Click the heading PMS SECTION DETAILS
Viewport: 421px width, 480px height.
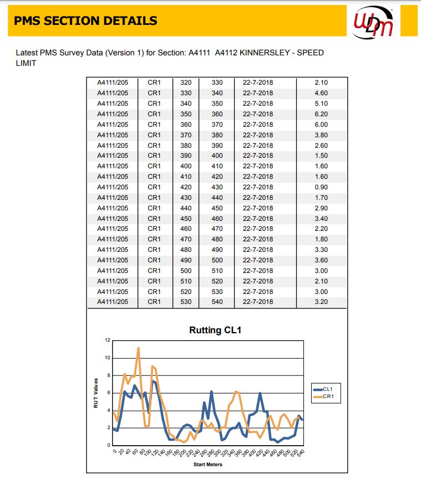85,21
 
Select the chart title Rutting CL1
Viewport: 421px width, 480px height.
215,331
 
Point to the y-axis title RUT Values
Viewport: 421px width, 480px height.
95,393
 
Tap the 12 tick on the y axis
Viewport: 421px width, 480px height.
108,340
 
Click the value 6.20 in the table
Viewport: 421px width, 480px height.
321,114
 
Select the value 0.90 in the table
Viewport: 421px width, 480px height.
321,187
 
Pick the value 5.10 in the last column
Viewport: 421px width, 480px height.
321,104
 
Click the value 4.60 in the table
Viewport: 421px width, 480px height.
321,93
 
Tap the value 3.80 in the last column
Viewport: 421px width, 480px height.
321,135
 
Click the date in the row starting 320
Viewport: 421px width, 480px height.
258,82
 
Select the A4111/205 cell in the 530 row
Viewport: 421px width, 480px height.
113,302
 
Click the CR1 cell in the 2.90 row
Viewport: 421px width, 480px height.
154,208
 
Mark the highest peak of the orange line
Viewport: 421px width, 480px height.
138,348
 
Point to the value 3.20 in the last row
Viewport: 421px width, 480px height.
321,302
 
